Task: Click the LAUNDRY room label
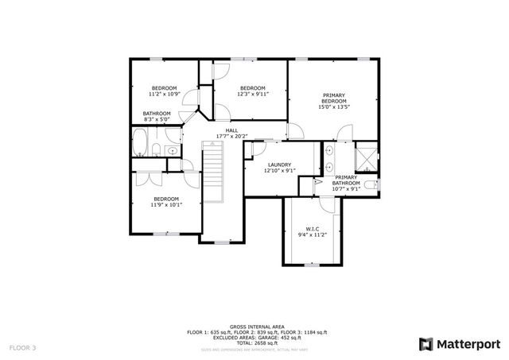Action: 279,165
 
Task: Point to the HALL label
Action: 231,130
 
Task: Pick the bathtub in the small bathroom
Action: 139,145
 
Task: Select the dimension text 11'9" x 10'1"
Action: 165,204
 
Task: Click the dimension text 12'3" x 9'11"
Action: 252,94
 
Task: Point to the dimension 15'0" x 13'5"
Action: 334,108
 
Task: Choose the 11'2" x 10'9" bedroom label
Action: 165,94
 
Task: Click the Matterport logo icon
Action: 425,343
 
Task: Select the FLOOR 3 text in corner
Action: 23,347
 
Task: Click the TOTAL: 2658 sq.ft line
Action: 254,341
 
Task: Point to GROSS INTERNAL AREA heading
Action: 254,326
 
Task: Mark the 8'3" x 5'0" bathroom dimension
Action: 157,119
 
